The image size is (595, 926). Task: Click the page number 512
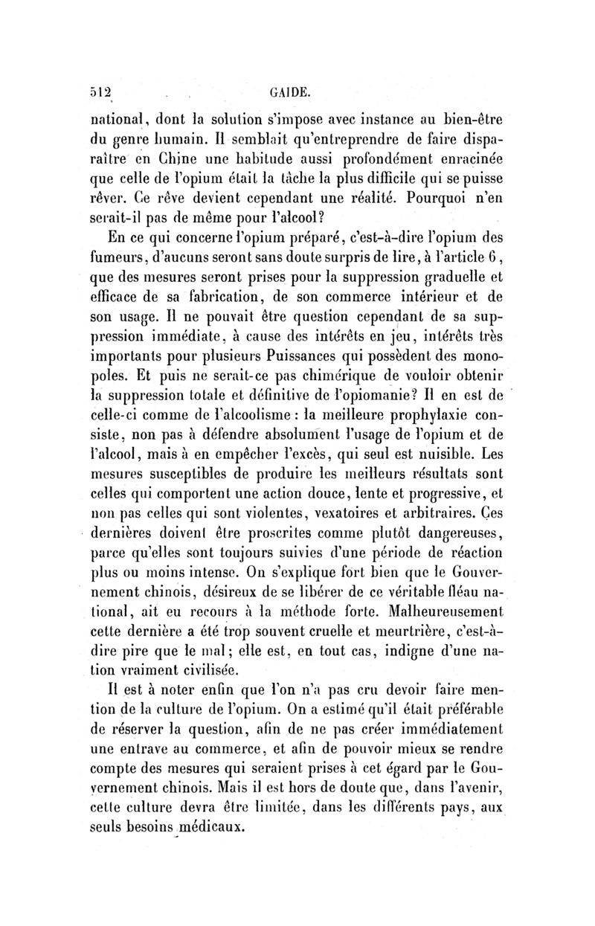pos(100,94)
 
